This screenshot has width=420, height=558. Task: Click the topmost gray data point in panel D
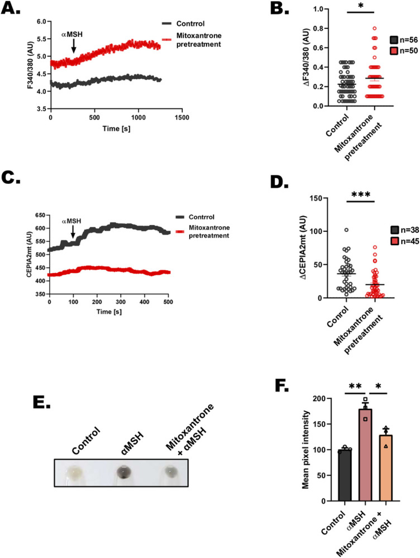[x=347, y=230]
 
